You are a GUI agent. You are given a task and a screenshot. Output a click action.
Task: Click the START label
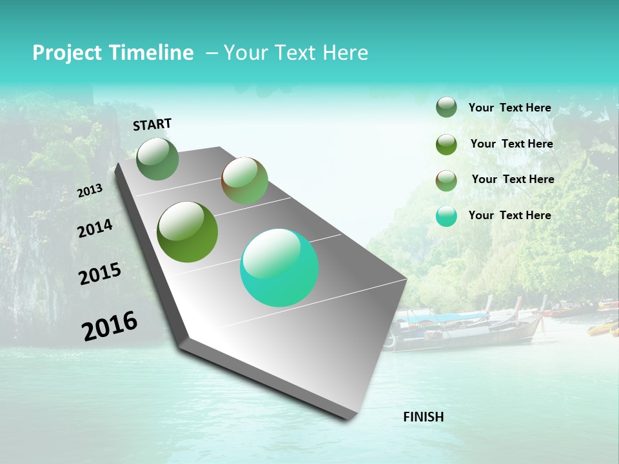pos(152,124)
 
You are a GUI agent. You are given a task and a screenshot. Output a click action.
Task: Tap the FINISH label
pos(424,417)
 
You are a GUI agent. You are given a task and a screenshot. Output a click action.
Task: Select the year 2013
pos(90,191)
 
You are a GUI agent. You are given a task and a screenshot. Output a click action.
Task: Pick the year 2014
pos(95,228)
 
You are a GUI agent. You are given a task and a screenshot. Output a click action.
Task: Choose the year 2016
pos(110,325)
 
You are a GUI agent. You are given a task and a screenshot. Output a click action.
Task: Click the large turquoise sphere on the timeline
pos(279,267)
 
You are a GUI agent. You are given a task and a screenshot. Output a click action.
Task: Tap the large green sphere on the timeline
pos(187,232)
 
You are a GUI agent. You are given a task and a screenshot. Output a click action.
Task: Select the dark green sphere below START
pos(158,159)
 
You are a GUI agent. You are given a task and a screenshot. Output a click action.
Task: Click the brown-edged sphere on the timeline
pos(244,180)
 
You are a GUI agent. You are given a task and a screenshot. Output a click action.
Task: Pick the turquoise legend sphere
pos(446,216)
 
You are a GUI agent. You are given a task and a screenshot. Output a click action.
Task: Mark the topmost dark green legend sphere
pos(446,107)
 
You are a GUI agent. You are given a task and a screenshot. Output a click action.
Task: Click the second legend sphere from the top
pos(446,144)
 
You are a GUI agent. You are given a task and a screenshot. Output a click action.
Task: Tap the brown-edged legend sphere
pos(446,180)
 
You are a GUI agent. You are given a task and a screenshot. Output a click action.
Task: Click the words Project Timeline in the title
pos(113,53)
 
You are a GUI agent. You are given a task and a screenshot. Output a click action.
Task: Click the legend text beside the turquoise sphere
pos(509,215)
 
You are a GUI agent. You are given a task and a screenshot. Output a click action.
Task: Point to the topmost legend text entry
pos(509,108)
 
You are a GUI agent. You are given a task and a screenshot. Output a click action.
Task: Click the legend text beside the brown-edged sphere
pos(513,179)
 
